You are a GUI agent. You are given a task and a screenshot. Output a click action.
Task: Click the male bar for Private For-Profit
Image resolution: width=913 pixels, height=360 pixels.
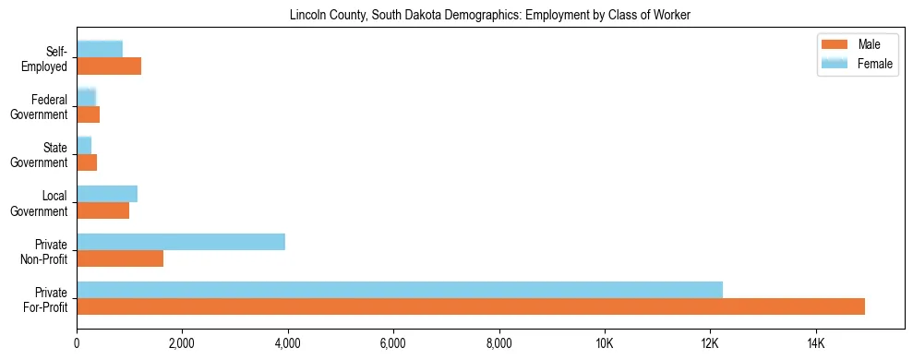(x=471, y=306)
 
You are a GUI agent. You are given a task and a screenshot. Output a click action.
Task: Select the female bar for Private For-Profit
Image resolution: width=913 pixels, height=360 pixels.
(x=400, y=290)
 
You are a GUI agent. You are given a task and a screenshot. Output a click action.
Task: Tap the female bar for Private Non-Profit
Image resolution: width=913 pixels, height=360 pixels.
(x=181, y=242)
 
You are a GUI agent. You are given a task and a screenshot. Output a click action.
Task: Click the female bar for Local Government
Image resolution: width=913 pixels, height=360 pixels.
(x=107, y=194)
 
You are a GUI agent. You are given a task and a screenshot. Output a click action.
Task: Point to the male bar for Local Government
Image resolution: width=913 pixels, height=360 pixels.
(x=103, y=210)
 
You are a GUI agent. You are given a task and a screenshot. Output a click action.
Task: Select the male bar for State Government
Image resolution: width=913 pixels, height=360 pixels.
(x=87, y=162)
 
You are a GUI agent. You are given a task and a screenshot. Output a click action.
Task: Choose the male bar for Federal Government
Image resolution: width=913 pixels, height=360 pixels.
(x=89, y=114)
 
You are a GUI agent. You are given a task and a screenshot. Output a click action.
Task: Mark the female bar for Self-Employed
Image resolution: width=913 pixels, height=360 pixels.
(x=100, y=49)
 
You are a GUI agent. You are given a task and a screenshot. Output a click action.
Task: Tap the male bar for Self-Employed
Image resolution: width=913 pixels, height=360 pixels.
(x=109, y=66)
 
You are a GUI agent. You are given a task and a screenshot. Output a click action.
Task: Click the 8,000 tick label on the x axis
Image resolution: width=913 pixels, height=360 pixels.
(x=499, y=344)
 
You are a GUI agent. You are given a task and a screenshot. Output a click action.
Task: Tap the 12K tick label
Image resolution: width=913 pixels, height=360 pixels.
(x=710, y=344)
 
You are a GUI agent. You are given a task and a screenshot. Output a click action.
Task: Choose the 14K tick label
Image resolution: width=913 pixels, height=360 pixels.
(x=815, y=344)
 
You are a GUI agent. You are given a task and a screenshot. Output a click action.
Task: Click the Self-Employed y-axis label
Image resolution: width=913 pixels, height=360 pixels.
(x=49, y=58)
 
